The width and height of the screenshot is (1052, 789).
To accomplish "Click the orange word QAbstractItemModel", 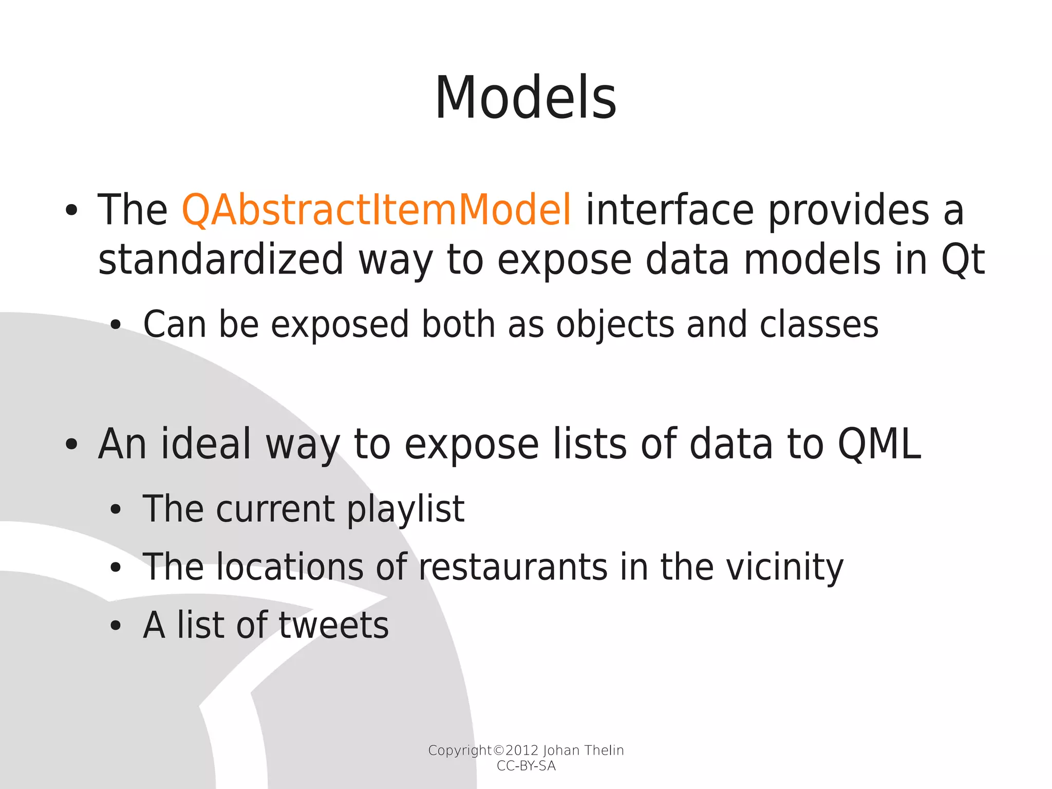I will coord(377,210).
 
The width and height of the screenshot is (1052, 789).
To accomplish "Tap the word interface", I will coord(670,210).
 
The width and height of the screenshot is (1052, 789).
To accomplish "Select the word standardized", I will coord(220,260).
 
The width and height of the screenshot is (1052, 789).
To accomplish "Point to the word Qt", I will coord(962,260).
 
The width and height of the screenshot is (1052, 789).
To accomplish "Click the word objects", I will coord(615,325).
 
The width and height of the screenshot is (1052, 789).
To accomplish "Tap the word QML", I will coord(879,444).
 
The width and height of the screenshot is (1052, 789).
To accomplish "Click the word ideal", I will coord(206,444).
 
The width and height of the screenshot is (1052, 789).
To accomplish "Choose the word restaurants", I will coord(513,567).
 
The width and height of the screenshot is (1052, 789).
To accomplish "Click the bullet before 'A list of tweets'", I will coord(116,626).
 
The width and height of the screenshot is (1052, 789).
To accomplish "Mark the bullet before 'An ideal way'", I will coord(71,445).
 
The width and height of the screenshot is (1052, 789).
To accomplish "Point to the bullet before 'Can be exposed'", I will coord(116,325).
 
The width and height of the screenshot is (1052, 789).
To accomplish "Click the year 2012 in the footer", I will coord(522,750).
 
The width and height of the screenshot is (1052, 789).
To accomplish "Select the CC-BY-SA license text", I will coord(526,766).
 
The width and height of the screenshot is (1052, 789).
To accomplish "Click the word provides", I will coord(849,211).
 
